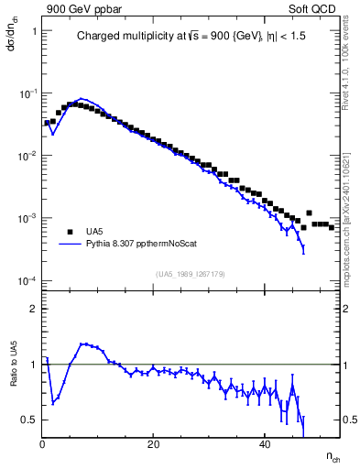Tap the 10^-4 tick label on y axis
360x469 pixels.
click(x=26, y=280)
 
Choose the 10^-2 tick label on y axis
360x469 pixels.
click(x=26, y=156)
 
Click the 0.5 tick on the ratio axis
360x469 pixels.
click(x=28, y=420)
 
